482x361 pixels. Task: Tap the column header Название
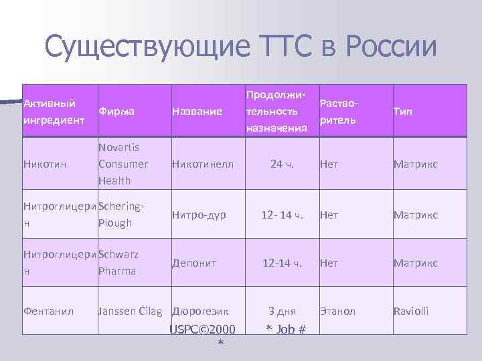click(197, 112)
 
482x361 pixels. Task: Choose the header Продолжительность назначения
click(276, 112)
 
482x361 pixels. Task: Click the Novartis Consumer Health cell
click(123, 164)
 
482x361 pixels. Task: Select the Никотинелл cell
click(203, 164)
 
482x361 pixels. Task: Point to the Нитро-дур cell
click(199, 215)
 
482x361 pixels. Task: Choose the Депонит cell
click(193, 263)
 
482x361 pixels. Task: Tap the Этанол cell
click(338, 311)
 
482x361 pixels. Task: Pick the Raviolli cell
click(411, 311)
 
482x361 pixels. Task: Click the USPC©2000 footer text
click(202, 330)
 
